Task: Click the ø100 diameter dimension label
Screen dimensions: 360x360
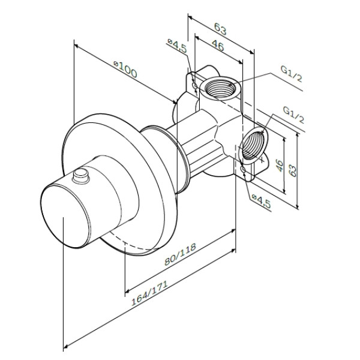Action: click(125, 69)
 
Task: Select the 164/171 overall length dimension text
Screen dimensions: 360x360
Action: click(149, 293)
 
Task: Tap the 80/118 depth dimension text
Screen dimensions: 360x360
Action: click(181, 254)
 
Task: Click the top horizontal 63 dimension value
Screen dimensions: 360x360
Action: click(220, 29)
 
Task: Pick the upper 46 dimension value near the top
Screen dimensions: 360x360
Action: click(217, 46)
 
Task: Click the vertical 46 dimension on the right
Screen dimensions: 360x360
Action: click(280, 166)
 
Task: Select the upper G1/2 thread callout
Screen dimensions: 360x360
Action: click(291, 74)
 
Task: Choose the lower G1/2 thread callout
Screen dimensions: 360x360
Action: click(293, 115)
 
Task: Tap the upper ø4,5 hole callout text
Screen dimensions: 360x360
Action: click(177, 46)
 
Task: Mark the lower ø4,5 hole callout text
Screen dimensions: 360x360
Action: click(261, 202)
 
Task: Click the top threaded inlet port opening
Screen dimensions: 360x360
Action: click(220, 88)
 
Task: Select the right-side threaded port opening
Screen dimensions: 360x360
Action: click(253, 143)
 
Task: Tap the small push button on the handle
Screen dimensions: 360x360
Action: click(81, 176)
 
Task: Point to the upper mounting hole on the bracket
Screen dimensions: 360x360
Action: click(194, 86)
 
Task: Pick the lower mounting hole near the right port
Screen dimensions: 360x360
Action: click(243, 169)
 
